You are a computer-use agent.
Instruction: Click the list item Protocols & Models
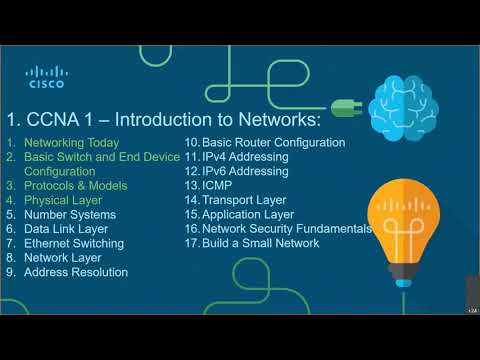[x=76, y=186]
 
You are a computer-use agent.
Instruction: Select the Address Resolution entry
[x=76, y=272]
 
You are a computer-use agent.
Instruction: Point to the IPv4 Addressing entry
[x=244, y=157]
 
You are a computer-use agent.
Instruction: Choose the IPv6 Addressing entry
[x=244, y=171]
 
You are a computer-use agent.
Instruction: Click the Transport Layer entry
[x=244, y=200]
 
